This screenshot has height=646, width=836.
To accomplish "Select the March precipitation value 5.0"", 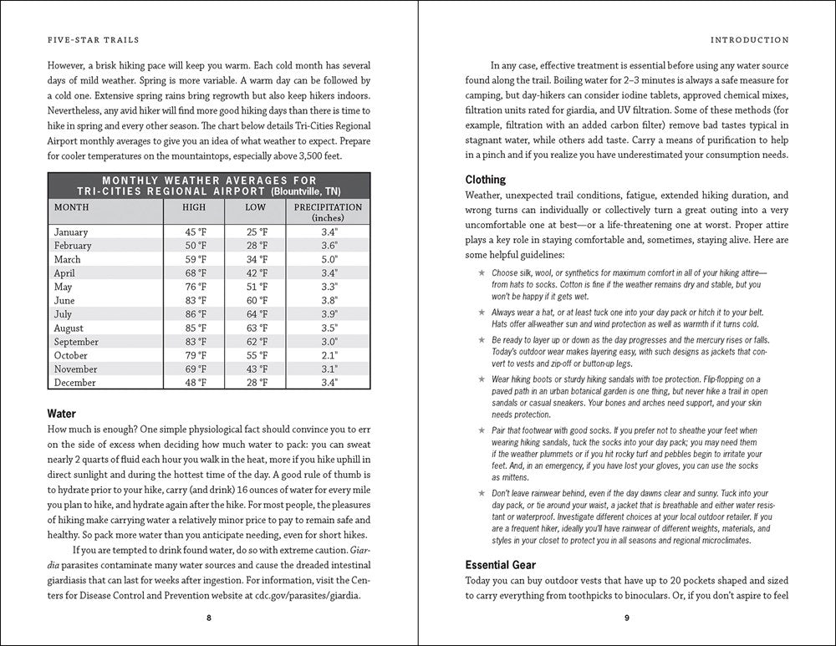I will pyautogui.click(x=329, y=259).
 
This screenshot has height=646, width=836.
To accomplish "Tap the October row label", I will pyautogui.click(x=70, y=355).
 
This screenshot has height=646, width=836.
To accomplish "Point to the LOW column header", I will pyautogui.click(x=257, y=206).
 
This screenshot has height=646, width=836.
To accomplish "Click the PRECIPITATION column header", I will pyautogui.click(x=329, y=206).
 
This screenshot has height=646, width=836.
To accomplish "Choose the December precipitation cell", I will pyautogui.click(x=329, y=383).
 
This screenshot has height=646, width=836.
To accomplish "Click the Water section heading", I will pyautogui.click(x=62, y=413).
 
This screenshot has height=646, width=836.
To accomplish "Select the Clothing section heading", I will pyautogui.click(x=486, y=179).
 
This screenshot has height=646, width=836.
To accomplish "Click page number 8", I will pyautogui.click(x=209, y=618).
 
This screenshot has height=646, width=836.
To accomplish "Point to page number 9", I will pyautogui.click(x=627, y=618).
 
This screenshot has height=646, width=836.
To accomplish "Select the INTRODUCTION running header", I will pyautogui.click(x=749, y=39).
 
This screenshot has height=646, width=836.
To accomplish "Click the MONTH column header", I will pyautogui.click(x=71, y=206).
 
